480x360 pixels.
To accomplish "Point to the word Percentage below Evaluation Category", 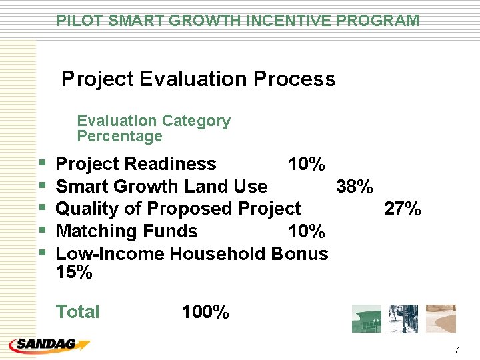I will tap(119, 137).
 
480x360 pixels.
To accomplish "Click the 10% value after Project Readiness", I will tap(306, 164).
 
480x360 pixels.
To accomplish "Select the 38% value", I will tap(355, 187).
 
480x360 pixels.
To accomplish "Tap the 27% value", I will tap(403, 209).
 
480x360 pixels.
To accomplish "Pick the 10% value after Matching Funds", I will tap(306, 231).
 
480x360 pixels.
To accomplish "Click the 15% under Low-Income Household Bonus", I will tap(74, 273).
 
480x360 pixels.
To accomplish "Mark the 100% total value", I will tap(205, 312).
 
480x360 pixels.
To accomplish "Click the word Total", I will tap(78, 312).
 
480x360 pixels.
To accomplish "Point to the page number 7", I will tap(456, 350).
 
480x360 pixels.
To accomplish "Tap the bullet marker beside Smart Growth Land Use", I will tap(43, 187).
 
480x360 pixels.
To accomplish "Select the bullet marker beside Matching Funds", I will tap(43, 231).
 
